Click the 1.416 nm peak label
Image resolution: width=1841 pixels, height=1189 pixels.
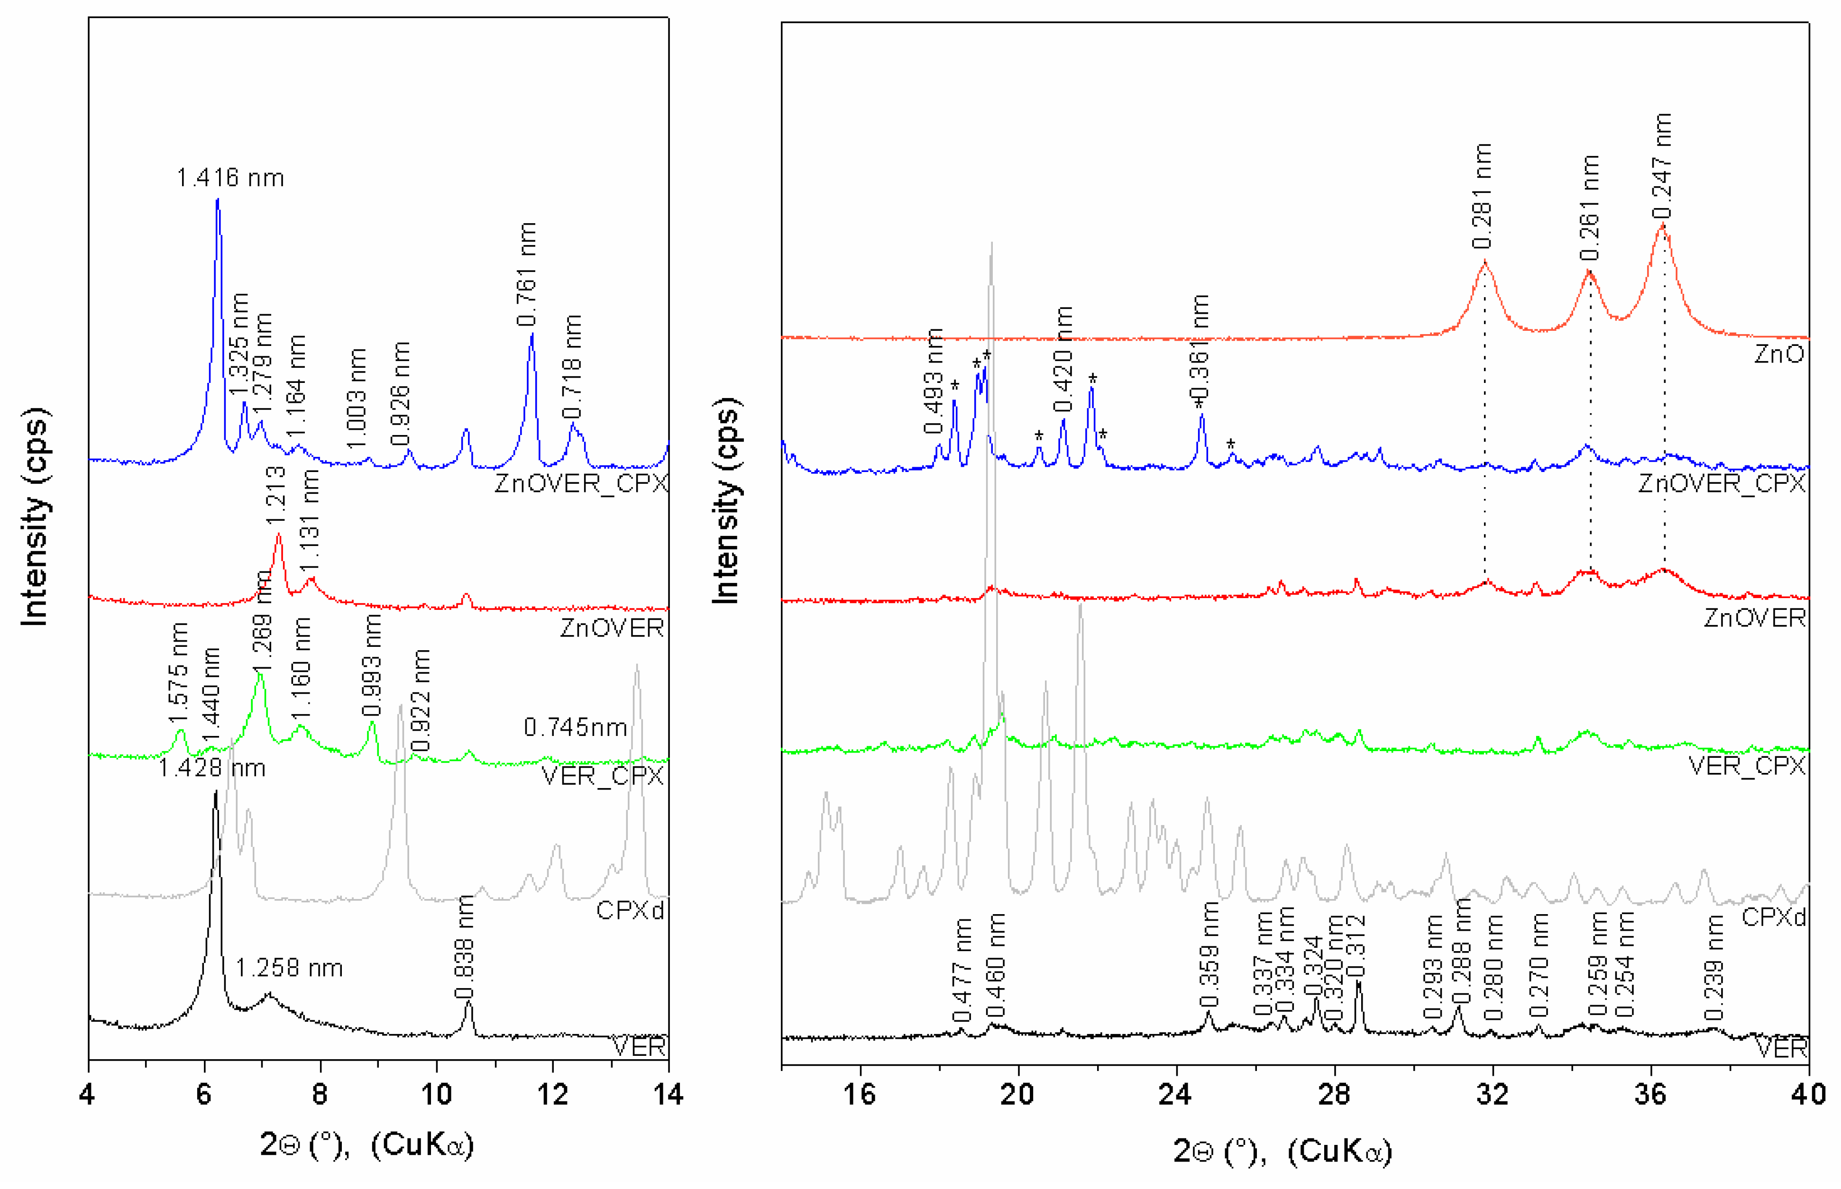pos(230,178)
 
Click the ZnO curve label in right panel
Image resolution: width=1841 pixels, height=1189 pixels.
pos(1778,354)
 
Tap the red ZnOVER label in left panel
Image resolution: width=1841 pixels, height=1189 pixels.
pos(612,628)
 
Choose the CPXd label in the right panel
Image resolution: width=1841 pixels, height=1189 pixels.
pos(1773,917)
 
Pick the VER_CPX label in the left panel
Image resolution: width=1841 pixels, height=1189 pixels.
pos(602,776)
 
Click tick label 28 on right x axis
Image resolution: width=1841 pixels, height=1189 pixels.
pos(1334,1095)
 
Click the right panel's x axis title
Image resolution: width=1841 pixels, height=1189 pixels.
pos(1282,1151)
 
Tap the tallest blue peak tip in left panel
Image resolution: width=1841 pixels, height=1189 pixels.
pos(218,200)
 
